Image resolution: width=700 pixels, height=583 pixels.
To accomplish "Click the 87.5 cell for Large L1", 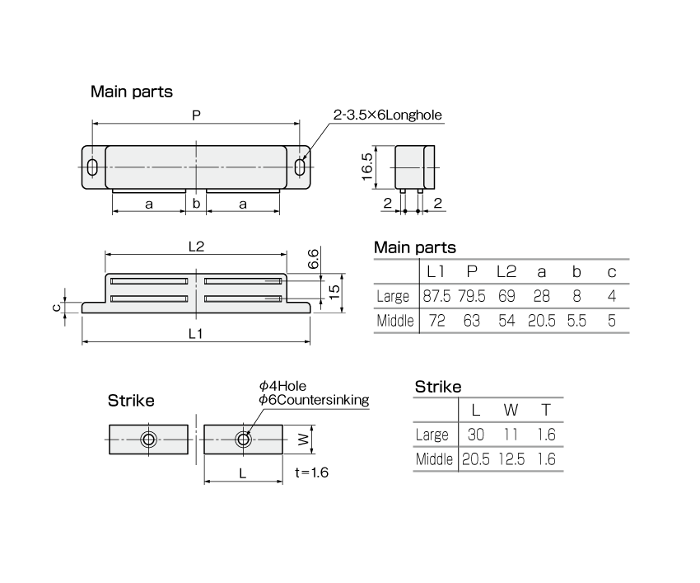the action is click(436, 296).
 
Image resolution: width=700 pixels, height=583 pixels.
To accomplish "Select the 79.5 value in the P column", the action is click(471, 296).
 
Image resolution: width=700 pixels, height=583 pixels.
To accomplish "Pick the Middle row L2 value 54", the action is click(506, 321).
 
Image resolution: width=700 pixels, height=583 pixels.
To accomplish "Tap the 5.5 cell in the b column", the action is click(576, 321).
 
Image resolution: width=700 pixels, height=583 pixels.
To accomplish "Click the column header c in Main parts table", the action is click(612, 272).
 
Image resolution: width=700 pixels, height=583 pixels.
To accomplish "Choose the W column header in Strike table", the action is click(511, 410).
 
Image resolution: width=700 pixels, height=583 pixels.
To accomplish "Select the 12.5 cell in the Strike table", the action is click(511, 459).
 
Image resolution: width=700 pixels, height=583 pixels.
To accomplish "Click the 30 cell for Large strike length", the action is click(476, 435).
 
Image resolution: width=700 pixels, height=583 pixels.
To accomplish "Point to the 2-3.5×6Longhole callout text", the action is click(388, 115).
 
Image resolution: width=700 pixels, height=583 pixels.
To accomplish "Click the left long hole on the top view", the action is click(92, 167).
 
